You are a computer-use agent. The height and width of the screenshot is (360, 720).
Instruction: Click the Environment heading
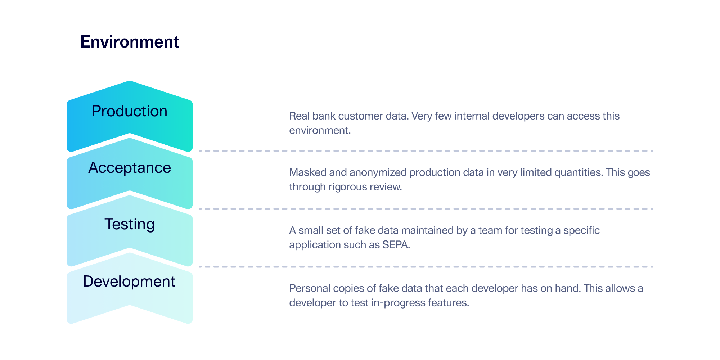130,42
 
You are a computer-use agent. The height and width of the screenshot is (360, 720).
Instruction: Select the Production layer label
130,111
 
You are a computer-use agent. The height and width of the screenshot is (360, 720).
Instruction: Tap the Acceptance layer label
130,168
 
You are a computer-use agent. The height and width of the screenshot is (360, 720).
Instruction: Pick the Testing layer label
130,224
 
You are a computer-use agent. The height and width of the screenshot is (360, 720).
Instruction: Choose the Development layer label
129,282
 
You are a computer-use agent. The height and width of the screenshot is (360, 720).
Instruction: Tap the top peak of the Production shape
130,82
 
